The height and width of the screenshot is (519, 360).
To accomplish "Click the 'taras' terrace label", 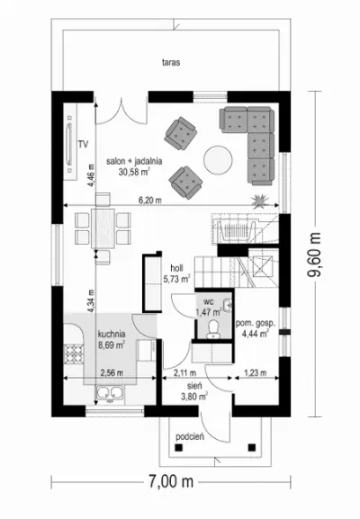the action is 171,62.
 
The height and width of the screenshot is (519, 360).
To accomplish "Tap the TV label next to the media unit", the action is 83,144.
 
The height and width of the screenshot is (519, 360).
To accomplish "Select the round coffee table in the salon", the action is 218,159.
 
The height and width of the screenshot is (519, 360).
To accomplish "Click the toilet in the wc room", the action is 213,329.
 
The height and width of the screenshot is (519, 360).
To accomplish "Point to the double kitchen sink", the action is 109,394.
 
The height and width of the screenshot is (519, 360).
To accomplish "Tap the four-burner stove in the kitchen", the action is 73,353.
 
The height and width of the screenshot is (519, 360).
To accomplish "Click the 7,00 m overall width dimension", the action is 171,481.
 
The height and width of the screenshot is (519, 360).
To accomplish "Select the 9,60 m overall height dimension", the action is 315,255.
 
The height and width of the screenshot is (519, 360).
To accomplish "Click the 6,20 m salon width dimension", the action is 149,200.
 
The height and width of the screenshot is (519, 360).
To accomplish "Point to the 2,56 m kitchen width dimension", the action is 112,372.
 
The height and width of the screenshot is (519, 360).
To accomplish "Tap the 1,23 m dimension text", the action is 256,372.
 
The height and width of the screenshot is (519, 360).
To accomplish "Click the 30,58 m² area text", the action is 134,171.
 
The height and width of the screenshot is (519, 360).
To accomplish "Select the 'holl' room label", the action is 177,268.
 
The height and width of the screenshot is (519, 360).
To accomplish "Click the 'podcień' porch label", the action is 190,436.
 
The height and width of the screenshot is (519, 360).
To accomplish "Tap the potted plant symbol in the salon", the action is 260,201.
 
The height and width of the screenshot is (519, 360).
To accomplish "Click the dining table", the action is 103,228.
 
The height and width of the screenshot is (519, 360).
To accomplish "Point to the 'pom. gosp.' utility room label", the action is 256,324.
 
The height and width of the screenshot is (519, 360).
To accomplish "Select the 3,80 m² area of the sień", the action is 194,396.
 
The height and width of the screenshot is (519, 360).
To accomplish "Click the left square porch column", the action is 179,448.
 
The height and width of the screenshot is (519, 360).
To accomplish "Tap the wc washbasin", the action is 228,305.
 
